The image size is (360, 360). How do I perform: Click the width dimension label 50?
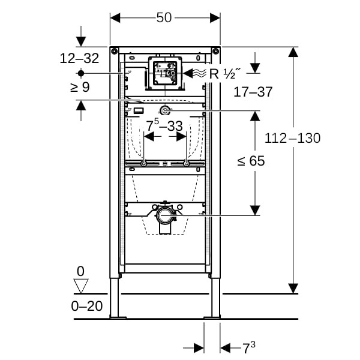point(165,18)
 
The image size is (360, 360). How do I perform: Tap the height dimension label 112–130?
point(293,138)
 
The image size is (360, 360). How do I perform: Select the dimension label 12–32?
point(80,59)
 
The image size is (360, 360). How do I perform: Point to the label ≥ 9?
point(80,87)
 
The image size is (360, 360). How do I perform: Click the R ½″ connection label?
point(223,74)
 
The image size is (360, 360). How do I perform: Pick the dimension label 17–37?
point(253,92)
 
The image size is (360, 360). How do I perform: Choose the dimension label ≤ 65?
point(251,161)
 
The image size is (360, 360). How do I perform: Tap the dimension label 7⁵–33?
point(164,126)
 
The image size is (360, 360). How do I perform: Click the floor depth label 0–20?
point(86,306)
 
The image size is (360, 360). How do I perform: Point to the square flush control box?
point(164,73)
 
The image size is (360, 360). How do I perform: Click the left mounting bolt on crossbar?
point(143,164)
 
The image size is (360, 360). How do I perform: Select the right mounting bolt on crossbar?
point(187,164)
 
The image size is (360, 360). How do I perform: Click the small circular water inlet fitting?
point(165,110)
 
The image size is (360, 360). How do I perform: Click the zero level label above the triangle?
point(80,271)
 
